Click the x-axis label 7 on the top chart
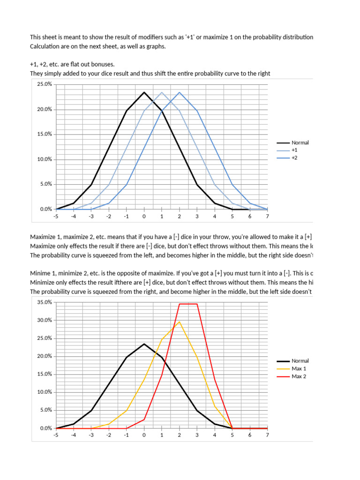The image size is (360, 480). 267,216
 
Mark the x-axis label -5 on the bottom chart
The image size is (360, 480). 56,435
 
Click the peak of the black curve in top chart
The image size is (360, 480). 144,92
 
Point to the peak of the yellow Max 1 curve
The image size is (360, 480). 179,322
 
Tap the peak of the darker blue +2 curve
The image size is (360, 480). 179,92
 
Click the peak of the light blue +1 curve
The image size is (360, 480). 162,92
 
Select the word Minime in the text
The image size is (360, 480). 41,272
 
